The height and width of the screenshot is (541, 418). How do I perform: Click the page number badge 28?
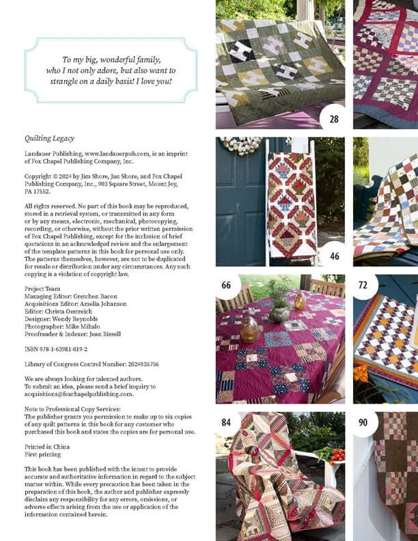click(x=333, y=119)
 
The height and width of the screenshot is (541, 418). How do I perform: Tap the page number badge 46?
click(x=334, y=256)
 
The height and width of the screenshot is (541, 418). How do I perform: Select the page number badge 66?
click(x=226, y=285)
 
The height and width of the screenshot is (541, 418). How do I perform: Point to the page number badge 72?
click(x=363, y=285)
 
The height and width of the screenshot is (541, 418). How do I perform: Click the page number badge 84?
click(x=226, y=422)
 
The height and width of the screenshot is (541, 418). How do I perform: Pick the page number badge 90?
click(x=363, y=422)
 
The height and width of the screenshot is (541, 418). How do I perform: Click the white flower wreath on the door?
click(x=240, y=145)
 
